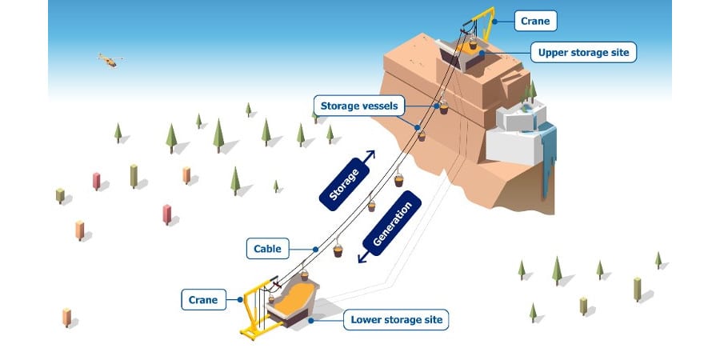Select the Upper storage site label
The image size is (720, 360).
583,54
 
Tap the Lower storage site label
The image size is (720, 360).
396,321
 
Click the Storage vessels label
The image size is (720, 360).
358,105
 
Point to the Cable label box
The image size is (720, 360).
267,249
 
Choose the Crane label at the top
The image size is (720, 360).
534,20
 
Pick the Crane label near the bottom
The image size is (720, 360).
203,300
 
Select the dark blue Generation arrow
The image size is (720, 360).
392,226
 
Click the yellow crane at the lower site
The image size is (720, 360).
256,308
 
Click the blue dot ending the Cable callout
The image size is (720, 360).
316,249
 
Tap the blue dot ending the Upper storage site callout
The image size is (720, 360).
483,53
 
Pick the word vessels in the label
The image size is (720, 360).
379,105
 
